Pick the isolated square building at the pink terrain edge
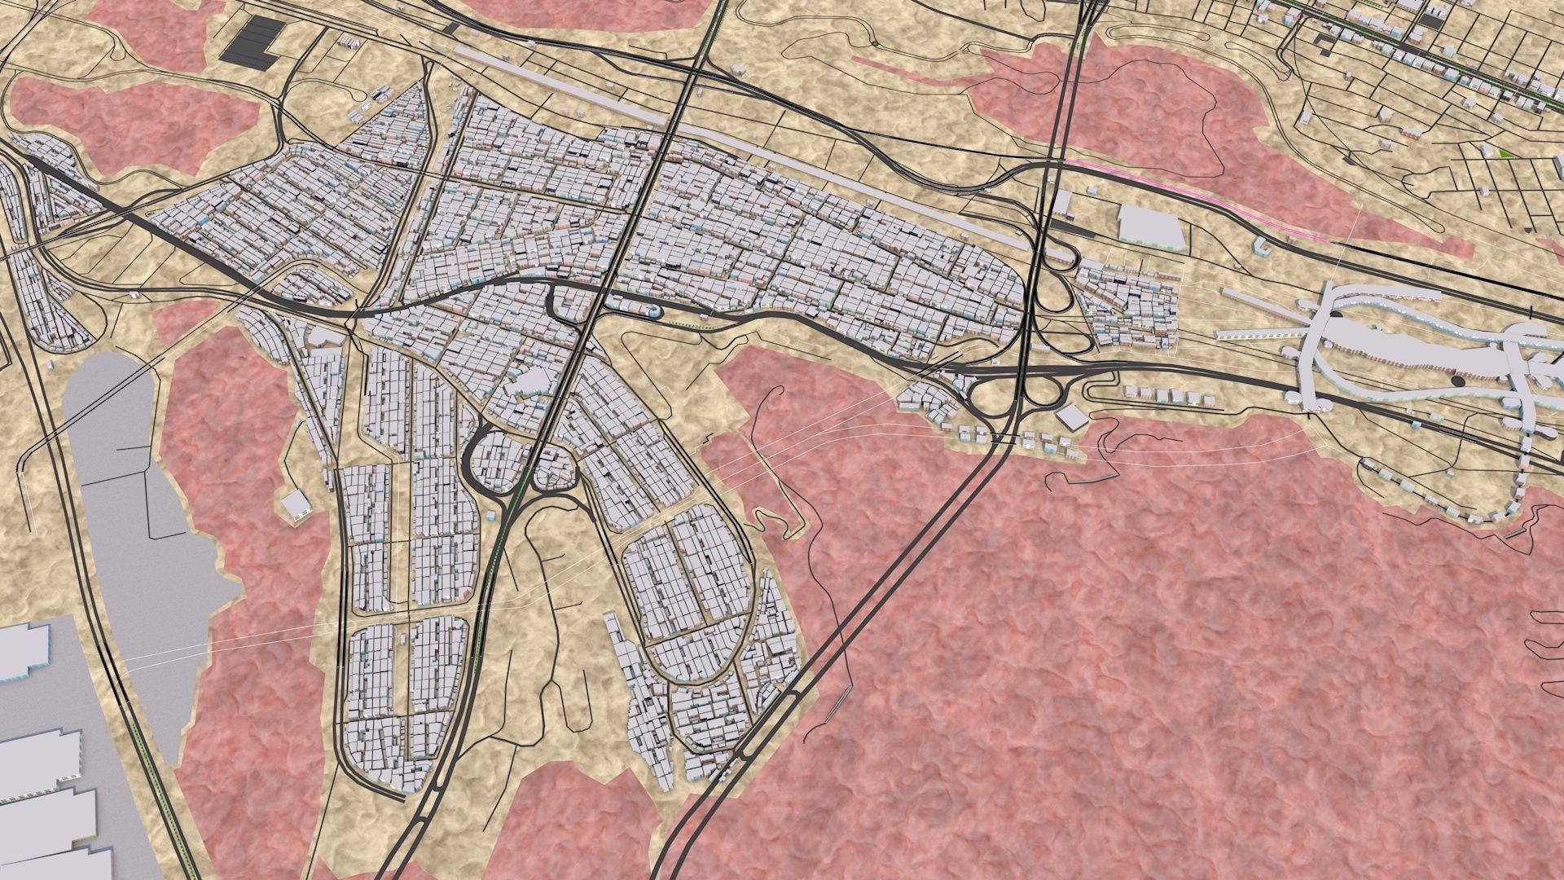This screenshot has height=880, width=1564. coord(294,504)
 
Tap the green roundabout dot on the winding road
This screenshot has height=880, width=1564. coord(873,42)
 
